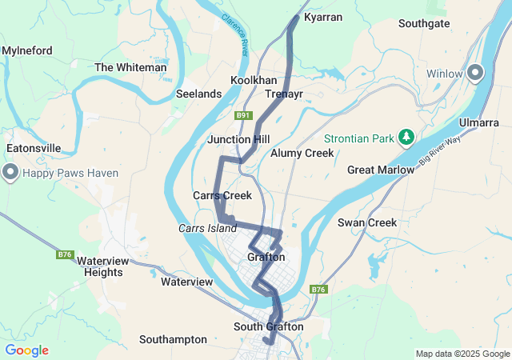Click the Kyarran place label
click(323, 17)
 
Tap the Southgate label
click(424, 23)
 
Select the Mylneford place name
click(27, 50)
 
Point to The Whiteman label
click(130, 68)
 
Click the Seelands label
click(198, 94)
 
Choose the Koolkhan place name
click(254, 81)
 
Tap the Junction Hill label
click(238, 139)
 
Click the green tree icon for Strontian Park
click(406, 138)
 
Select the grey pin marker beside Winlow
click(475, 74)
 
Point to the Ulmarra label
click(479, 122)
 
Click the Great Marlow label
click(381, 170)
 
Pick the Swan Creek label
click(367, 222)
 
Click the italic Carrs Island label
click(207, 229)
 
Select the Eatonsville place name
click(34, 148)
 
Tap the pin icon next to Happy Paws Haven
click(10, 173)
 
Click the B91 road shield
click(244, 116)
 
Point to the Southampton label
click(173, 339)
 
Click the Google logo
click(26, 350)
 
